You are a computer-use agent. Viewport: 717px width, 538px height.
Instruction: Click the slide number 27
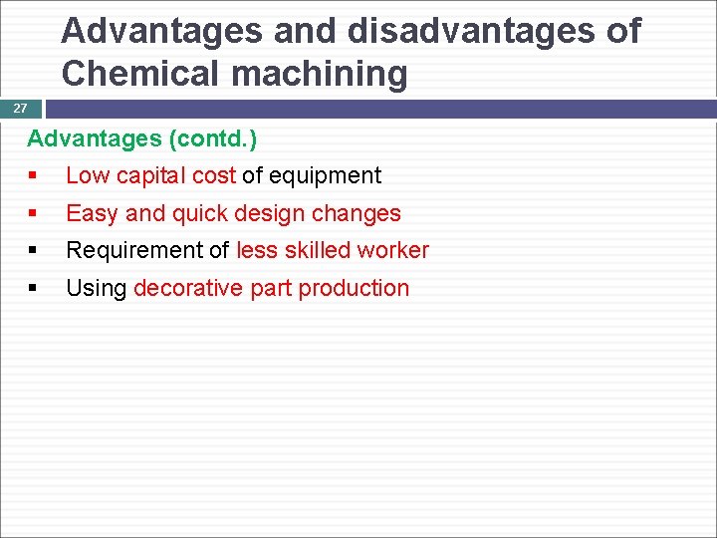pyautogui.click(x=20, y=109)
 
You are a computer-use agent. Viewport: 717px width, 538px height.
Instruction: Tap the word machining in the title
pyautogui.click(x=321, y=74)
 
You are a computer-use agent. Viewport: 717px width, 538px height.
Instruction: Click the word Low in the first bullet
pyautogui.click(x=88, y=176)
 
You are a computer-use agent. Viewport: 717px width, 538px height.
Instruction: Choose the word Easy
pyautogui.click(x=91, y=213)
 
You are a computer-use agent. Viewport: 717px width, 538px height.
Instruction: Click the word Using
pyautogui.click(x=96, y=288)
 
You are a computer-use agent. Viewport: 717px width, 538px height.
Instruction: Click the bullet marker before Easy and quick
pyautogui.click(x=33, y=213)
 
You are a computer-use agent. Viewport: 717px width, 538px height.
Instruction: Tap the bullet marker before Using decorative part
pyautogui.click(x=33, y=288)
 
